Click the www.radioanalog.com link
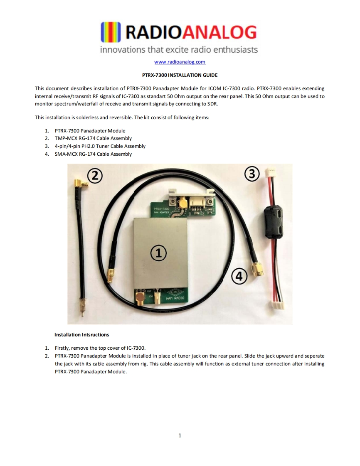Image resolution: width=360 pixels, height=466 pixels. pos(180,62)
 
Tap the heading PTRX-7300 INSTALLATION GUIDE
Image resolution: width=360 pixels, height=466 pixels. pos(180,75)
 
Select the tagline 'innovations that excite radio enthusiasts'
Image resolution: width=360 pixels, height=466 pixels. pos(179,50)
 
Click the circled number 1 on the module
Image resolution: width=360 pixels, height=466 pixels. pos(158,252)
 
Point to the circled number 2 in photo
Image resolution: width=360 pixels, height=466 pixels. pos(95,176)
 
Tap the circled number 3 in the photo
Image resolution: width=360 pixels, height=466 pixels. pos(252,174)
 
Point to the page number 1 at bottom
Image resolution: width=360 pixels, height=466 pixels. pos(180,436)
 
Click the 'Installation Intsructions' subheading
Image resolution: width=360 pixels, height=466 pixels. pos(81,335)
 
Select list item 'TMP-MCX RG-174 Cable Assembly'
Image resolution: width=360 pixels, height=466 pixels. pos(93,138)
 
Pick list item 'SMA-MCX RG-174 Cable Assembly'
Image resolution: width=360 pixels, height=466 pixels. pos(93,154)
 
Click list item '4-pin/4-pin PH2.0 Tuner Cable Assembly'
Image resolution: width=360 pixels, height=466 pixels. pos(100,146)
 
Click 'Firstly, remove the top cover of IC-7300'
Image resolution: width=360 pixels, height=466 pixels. pos(100,348)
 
